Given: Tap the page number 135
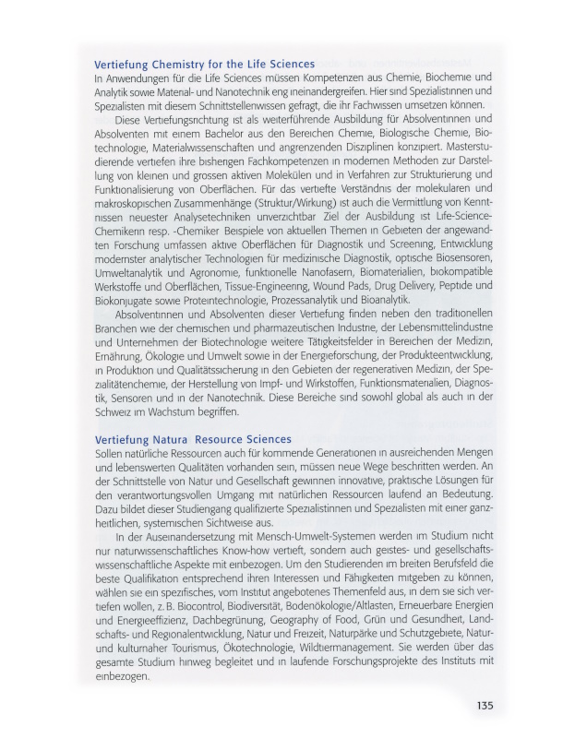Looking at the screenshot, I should coord(485,706).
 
